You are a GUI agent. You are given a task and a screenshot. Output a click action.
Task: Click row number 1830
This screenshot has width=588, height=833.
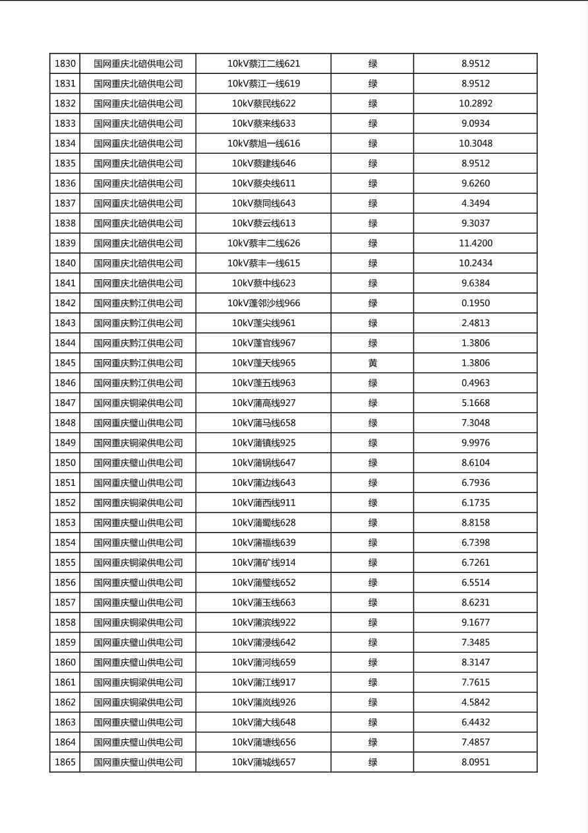click(65, 64)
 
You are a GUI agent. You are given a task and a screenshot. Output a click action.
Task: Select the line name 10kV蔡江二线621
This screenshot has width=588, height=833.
click(264, 64)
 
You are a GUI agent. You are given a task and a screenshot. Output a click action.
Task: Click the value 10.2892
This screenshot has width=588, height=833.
click(475, 104)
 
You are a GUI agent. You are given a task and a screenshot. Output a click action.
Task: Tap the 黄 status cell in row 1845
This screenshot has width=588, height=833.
click(372, 363)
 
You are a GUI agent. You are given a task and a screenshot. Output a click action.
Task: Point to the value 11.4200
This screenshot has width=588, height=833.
click(475, 244)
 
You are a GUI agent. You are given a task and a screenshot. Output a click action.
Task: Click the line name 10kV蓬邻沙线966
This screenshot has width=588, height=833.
click(264, 304)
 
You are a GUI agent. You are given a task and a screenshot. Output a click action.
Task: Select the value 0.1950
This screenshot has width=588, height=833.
click(475, 304)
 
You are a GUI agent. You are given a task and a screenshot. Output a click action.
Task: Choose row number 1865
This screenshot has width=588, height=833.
click(65, 762)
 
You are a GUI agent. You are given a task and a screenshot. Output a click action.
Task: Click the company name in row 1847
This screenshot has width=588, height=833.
click(138, 403)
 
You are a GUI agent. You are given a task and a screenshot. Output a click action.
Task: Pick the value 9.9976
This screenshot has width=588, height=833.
click(475, 443)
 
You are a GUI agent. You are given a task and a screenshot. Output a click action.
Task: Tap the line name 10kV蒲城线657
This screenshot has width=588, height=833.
click(264, 762)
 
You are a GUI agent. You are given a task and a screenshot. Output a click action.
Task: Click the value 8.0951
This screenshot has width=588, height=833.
click(475, 762)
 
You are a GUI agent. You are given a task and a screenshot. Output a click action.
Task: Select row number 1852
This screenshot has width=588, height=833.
click(65, 503)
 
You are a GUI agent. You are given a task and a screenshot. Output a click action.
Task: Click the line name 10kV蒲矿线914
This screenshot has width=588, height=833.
click(264, 563)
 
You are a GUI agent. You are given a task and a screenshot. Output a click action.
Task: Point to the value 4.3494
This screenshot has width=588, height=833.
click(475, 203)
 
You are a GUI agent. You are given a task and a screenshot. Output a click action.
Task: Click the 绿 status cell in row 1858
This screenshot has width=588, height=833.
click(372, 622)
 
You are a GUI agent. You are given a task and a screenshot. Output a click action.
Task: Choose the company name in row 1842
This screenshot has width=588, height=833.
click(138, 304)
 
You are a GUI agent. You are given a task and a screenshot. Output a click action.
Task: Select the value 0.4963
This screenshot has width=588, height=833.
click(475, 383)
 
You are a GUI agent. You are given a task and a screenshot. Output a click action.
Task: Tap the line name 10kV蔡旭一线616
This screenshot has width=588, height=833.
click(264, 144)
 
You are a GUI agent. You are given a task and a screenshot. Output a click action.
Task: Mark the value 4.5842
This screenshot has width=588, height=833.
click(475, 702)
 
